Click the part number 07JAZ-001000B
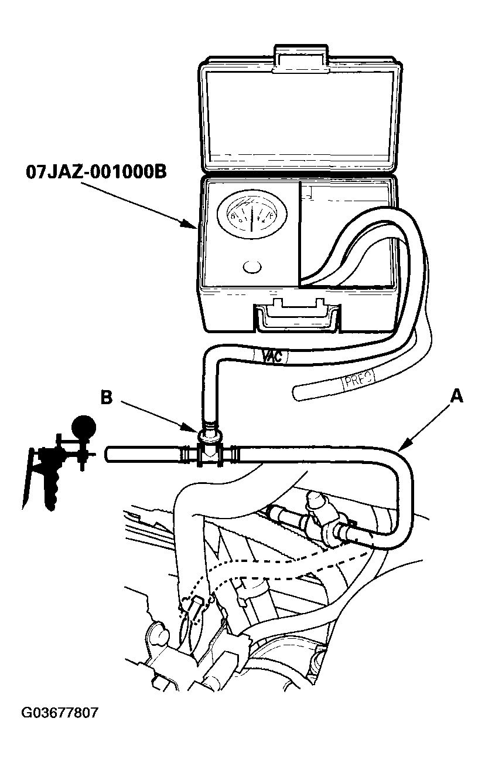coord(96,172)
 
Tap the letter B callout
coord(106,397)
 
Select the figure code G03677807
coord(60,713)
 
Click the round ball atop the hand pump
coord(83,425)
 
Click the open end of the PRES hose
coord(296,392)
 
